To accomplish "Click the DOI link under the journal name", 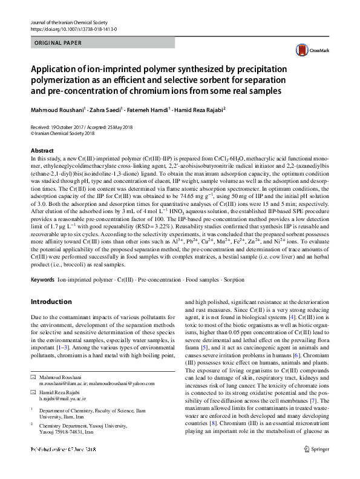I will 73,29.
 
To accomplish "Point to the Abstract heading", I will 42,150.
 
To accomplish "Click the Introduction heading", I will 51,302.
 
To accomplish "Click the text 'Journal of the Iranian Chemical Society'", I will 68,22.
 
